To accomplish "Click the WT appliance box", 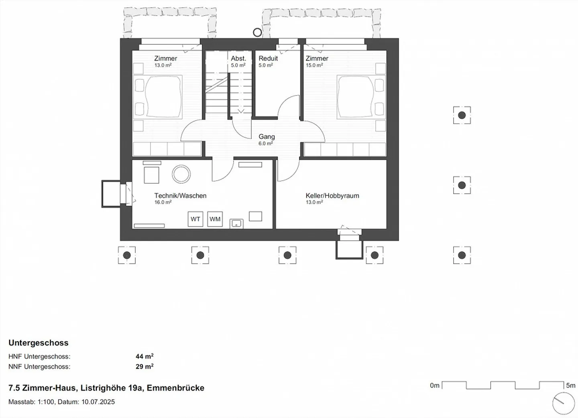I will click(195, 219).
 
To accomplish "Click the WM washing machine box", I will click(215, 219).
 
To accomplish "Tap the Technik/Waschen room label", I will click(180, 196).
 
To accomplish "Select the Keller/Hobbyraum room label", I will click(332, 196).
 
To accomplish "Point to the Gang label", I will click(267, 137).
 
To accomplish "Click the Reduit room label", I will click(268, 58).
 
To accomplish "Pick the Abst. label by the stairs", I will click(238, 58).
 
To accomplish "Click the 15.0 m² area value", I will click(314, 65).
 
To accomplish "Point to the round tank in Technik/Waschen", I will click(181, 174).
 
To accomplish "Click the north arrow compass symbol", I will click(564, 403).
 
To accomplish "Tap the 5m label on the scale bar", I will click(570, 386).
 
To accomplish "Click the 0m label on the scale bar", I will click(435, 386).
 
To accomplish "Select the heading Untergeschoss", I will click(39, 343).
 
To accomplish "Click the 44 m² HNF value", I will click(144, 356).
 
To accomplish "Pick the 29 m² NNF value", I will click(144, 366).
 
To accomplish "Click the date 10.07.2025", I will click(98, 402).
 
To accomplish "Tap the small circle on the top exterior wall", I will click(257, 32).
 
